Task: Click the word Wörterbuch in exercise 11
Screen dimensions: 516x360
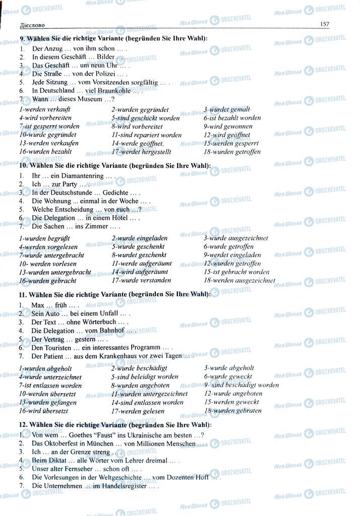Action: [x=98, y=321]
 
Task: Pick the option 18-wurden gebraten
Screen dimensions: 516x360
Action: [x=232, y=410]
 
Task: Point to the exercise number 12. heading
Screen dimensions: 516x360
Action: [x=23, y=425]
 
